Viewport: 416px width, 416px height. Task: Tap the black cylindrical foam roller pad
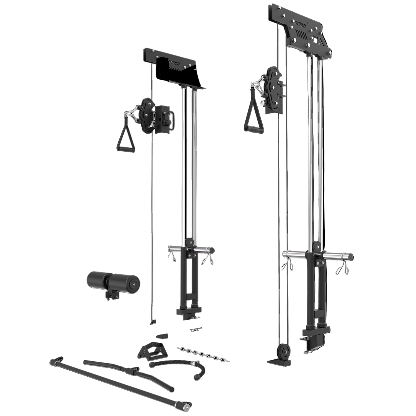click(112, 280)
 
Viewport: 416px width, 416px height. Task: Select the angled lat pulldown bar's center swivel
click(134, 370)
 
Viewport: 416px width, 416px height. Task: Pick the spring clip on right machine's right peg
click(342, 269)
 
